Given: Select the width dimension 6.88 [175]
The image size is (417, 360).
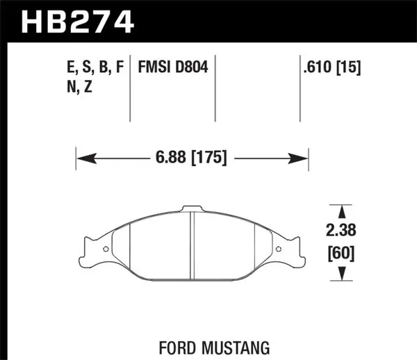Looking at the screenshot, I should pos(192,158).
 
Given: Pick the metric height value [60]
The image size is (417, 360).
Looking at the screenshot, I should pos(340,254).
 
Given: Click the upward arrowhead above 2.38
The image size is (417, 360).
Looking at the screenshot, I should pos(340,209).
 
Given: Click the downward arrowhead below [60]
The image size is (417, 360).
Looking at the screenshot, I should pos(340,277).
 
